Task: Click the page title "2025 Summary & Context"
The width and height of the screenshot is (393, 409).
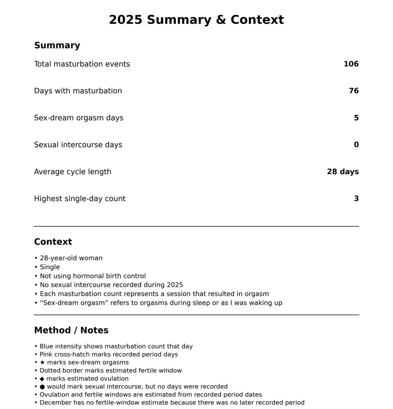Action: pyautogui.click(x=196, y=20)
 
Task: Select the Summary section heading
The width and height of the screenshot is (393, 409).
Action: pyautogui.click(x=57, y=46)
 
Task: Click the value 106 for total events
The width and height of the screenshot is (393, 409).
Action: pyautogui.click(x=351, y=64)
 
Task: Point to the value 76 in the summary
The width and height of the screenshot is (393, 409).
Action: pyautogui.click(x=353, y=91)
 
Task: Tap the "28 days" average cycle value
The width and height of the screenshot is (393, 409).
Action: pyautogui.click(x=342, y=172)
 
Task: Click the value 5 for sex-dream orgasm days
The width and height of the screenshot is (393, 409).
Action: pyautogui.click(x=356, y=118)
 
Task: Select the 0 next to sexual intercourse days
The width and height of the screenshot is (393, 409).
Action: pyautogui.click(x=356, y=145)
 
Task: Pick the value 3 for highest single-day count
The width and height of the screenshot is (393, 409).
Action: pyautogui.click(x=356, y=199)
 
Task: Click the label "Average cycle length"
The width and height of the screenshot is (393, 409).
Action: pyautogui.click(x=72, y=172)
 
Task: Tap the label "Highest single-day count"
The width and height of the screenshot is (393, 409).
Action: pyautogui.click(x=80, y=199)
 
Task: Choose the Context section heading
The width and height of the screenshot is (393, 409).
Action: pyautogui.click(x=53, y=242)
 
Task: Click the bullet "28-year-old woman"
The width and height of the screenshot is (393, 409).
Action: pyautogui.click(x=71, y=258)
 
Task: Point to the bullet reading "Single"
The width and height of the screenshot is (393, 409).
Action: pyautogui.click(x=49, y=267)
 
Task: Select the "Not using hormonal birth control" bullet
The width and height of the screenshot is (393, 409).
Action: pyautogui.click(x=92, y=276)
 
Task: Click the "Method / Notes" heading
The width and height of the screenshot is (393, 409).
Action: pyautogui.click(x=71, y=331)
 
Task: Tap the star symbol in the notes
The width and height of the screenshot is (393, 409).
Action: pyautogui.click(x=42, y=363)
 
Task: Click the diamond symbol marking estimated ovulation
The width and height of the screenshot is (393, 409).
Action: pyautogui.click(x=42, y=379)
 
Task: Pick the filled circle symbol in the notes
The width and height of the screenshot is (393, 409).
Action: pyautogui.click(x=42, y=387)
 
